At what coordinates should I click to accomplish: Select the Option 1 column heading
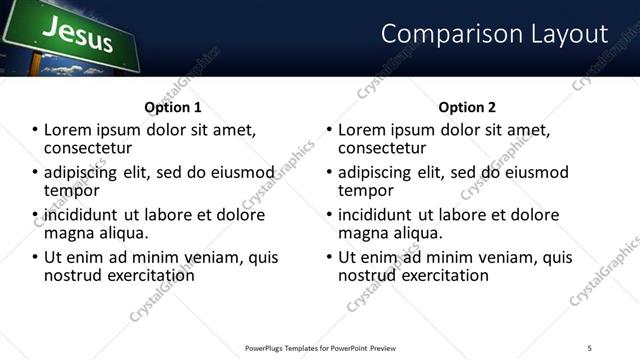[173, 107]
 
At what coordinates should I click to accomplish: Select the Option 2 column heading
[467, 107]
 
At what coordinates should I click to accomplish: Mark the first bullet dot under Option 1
[36, 131]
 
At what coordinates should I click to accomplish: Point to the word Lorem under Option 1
[68, 130]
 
